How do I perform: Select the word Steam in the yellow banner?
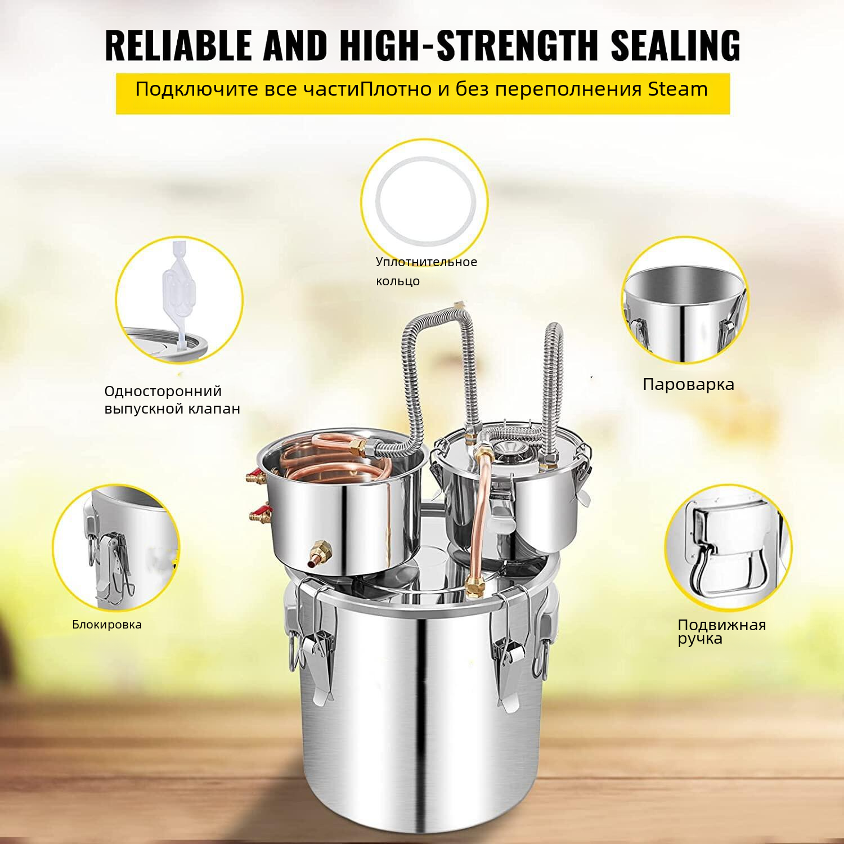pyautogui.click(x=677, y=89)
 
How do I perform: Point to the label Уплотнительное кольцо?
pyautogui.click(x=427, y=271)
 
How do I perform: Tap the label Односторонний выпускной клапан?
pyautogui.click(x=172, y=399)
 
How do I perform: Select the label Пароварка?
pyautogui.click(x=688, y=384)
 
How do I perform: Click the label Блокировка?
pyautogui.click(x=107, y=624)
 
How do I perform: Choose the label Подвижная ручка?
pyautogui.click(x=722, y=631)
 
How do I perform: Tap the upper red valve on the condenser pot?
pyautogui.click(x=257, y=478)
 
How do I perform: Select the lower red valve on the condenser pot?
pyautogui.click(x=261, y=513)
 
